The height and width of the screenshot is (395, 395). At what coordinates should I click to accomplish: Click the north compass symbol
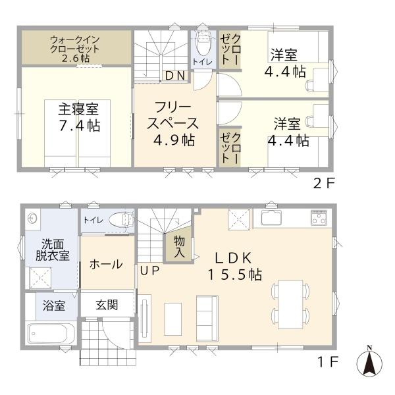pyautogui.click(x=369, y=363)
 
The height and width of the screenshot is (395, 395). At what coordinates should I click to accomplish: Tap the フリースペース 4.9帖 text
pyautogui.click(x=172, y=123)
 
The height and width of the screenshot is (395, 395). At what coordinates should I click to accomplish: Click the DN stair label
pyautogui.click(x=175, y=75)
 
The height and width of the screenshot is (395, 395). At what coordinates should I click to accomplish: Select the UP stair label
pyautogui.click(x=147, y=270)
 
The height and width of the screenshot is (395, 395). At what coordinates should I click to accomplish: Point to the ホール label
pyautogui.click(x=105, y=265)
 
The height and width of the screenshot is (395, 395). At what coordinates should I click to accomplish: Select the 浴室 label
pyautogui.click(x=54, y=305)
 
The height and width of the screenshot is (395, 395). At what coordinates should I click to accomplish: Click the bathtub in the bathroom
pyautogui.click(x=53, y=336)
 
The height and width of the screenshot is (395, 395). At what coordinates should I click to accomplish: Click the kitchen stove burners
pyautogui.click(x=319, y=217)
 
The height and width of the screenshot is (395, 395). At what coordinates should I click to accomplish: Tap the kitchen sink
pyautogui.click(x=271, y=218)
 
